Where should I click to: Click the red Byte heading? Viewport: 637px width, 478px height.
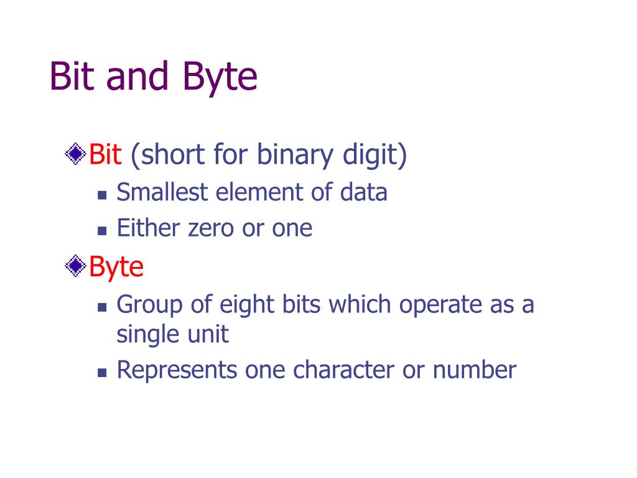click(116, 267)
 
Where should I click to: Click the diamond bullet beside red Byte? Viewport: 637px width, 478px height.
click(76, 266)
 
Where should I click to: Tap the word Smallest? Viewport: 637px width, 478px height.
click(162, 192)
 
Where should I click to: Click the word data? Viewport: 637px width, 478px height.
click(363, 192)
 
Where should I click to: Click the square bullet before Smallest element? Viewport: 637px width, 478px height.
click(103, 194)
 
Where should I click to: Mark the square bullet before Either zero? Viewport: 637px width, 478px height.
click(103, 230)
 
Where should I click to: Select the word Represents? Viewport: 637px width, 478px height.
click(177, 370)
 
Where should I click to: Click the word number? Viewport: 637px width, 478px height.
click(475, 370)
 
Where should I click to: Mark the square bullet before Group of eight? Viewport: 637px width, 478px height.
click(103, 307)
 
